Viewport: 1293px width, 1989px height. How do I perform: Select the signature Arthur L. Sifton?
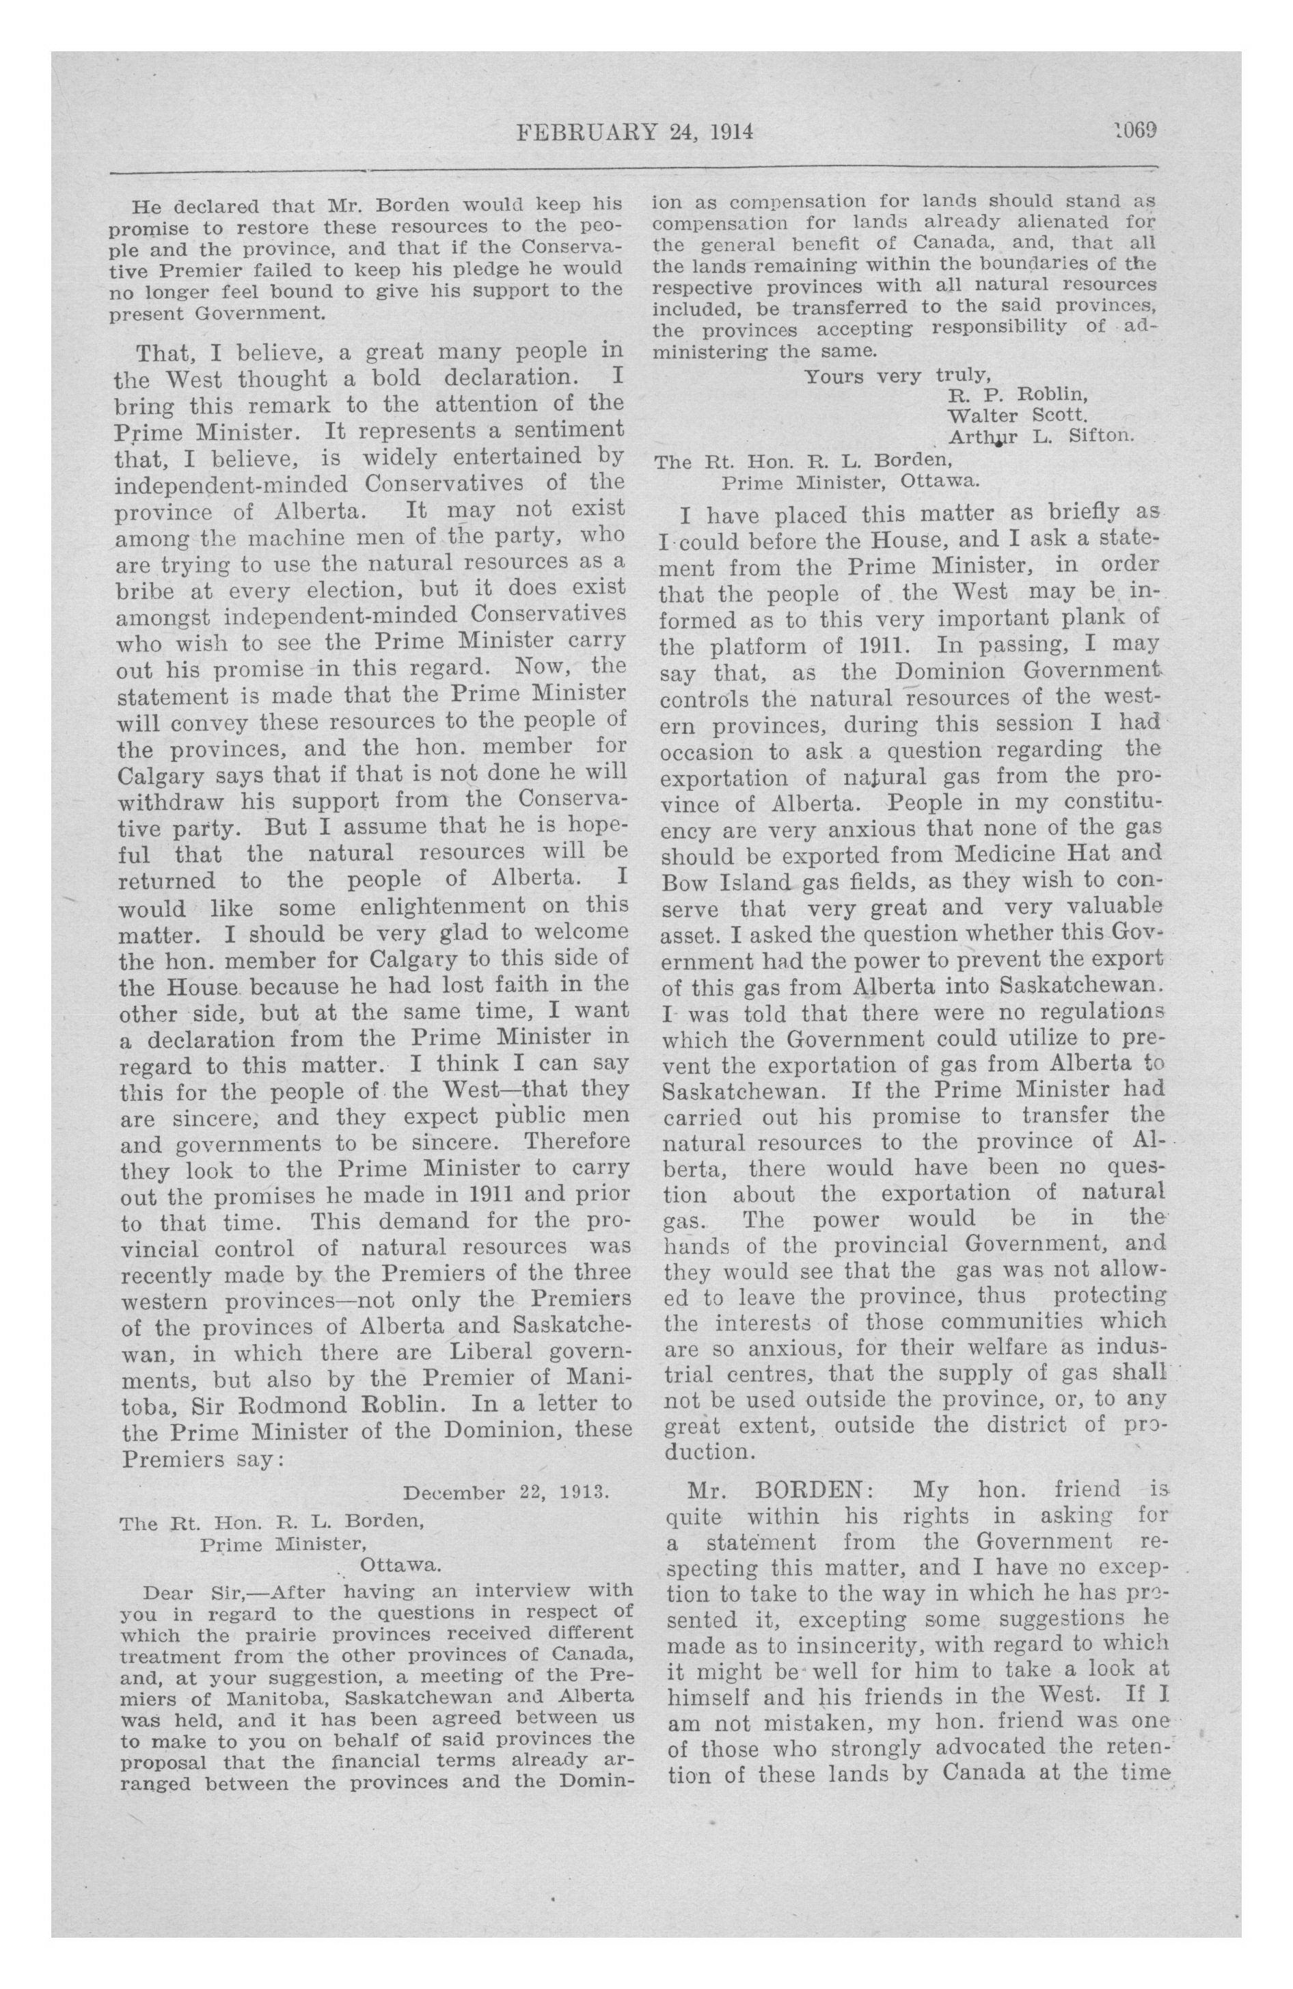point(1040,436)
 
